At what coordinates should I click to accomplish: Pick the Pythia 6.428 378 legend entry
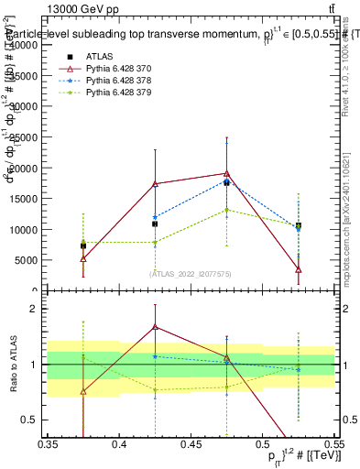pos(118,81)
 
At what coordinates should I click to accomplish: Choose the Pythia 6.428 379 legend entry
pos(118,93)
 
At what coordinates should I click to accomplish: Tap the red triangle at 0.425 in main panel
pos(155,183)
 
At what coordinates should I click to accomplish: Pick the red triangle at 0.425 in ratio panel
pos(155,326)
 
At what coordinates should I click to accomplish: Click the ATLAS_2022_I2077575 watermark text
pos(191,273)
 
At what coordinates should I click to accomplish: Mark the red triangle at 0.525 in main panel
pos(298,269)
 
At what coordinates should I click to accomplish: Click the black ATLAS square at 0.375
pos(83,245)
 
